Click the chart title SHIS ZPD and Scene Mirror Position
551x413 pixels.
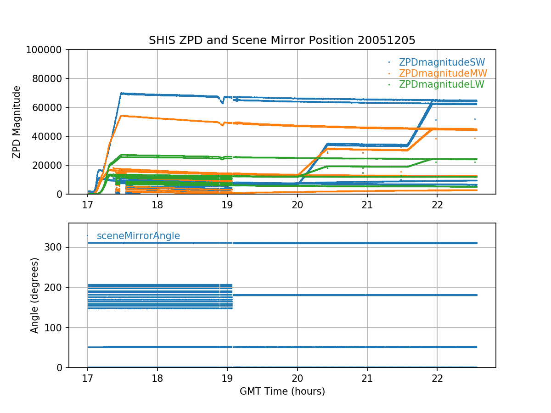(x=282, y=40)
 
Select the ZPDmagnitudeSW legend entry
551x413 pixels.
(x=442, y=62)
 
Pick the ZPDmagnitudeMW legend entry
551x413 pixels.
(x=443, y=73)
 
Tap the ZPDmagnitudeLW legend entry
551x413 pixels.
(x=441, y=84)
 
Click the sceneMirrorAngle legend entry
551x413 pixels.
(x=138, y=236)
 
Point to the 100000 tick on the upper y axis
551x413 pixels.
(x=46, y=50)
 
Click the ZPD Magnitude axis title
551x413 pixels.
(x=17, y=122)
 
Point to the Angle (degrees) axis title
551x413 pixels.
(x=35, y=295)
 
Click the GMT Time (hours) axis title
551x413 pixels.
(x=282, y=391)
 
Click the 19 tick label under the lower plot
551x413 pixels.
(x=227, y=378)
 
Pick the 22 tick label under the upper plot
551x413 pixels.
(x=437, y=205)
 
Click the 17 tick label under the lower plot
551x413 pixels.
(x=87, y=378)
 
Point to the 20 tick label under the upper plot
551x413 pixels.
(x=297, y=205)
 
